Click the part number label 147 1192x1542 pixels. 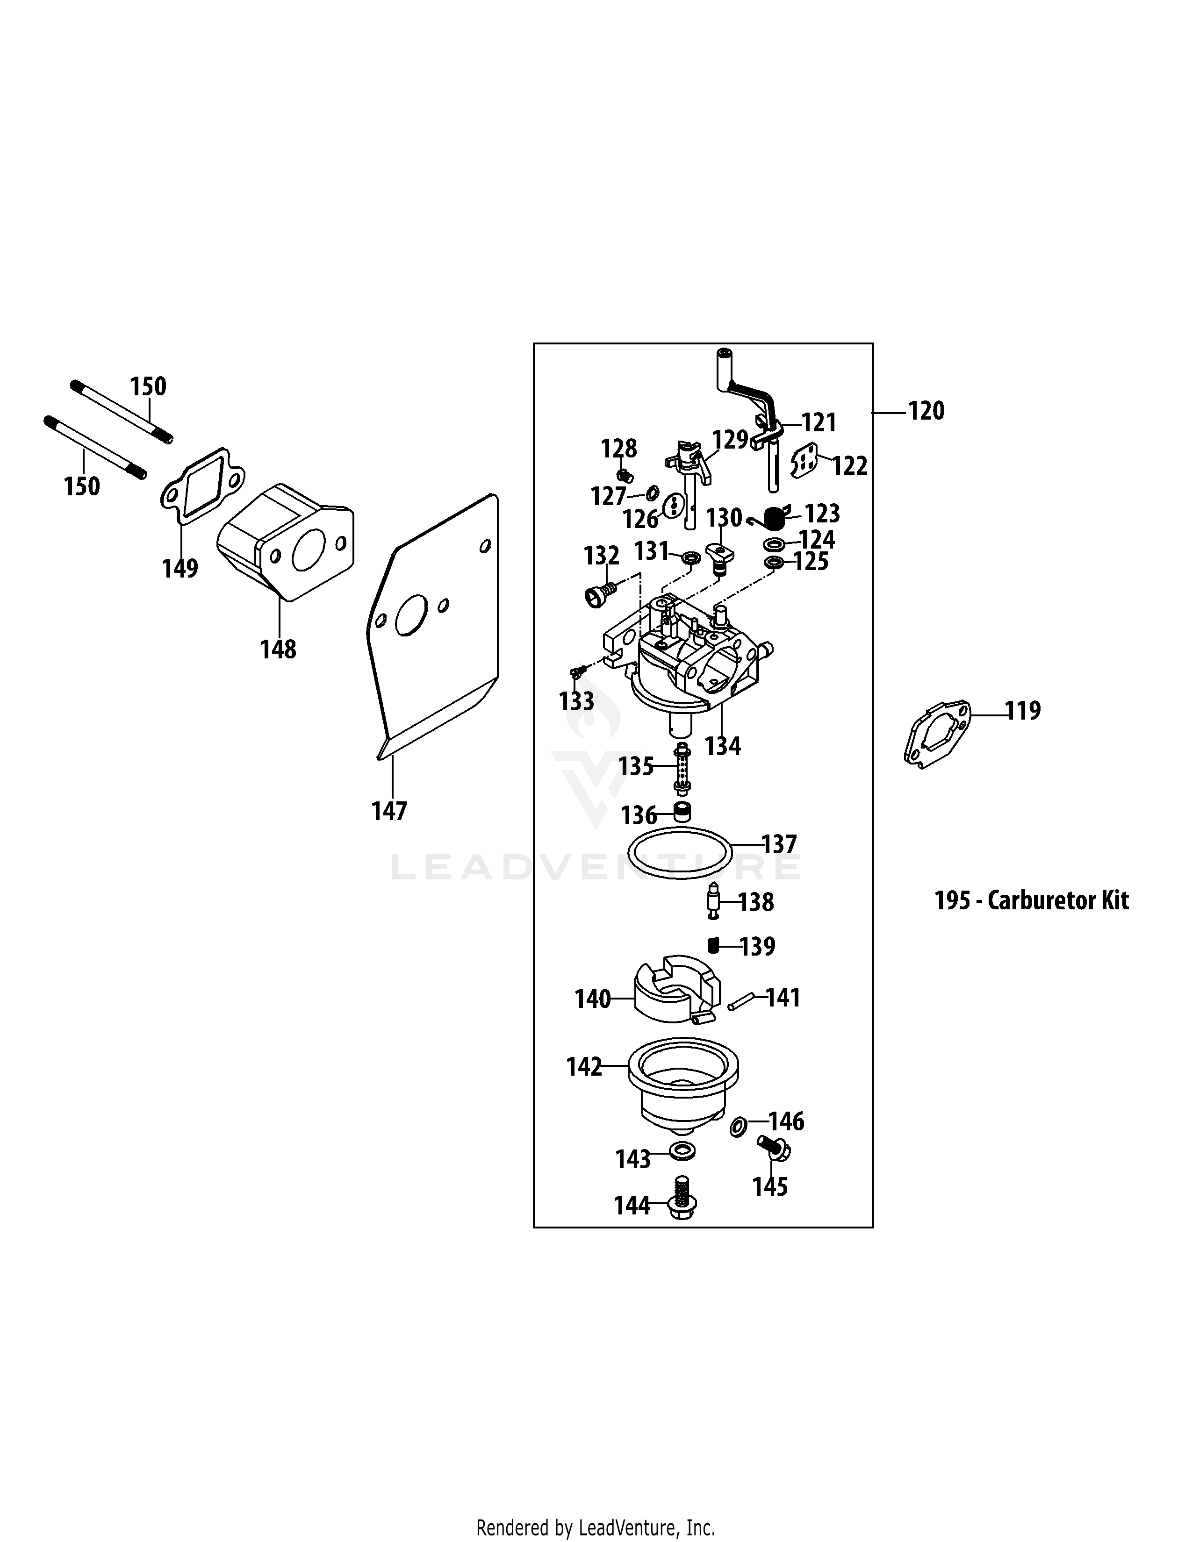389,811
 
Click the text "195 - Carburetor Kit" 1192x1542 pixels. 1031,900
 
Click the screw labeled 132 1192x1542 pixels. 599,593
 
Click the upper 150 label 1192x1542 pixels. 148,386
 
